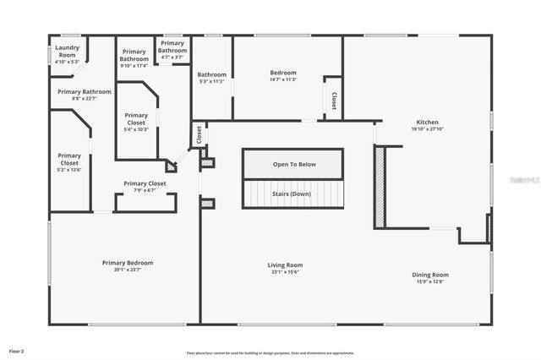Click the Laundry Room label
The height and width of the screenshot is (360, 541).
[x=66, y=55]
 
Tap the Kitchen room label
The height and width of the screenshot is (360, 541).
[x=428, y=126]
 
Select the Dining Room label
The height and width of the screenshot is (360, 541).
[x=429, y=278]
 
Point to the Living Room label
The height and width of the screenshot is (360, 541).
[x=286, y=268]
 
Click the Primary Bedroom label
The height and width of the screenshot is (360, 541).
[x=128, y=266]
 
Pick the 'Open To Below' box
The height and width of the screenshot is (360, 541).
[x=293, y=164]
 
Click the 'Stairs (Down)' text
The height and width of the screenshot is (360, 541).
[x=293, y=194]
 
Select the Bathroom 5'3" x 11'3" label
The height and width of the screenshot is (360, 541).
[x=212, y=78]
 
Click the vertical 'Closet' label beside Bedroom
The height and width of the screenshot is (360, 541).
[x=333, y=101]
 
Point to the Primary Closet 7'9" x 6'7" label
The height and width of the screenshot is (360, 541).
[x=145, y=187]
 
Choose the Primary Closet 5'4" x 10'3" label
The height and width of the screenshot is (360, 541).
[x=136, y=123]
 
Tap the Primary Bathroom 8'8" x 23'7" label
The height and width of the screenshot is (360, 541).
[x=85, y=95]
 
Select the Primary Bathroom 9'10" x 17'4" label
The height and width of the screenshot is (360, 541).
[x=134, y=58]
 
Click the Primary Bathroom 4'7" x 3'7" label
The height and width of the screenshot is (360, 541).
[x=172, y=50]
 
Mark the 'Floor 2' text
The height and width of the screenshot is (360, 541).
[x=17, y=351]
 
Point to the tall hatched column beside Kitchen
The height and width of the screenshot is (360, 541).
[x=380, y=187]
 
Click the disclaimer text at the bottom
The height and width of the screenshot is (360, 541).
[x=270, y=353]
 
